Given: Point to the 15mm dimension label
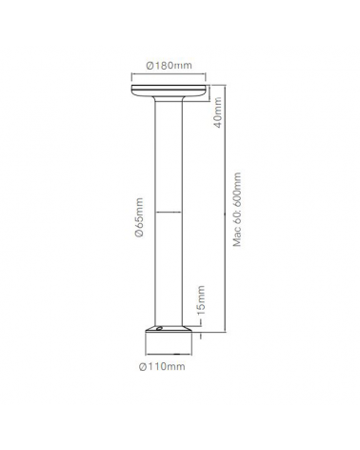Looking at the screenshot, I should point(198,302).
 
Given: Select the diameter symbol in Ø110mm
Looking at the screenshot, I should point(144,367).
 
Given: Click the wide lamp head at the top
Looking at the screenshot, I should point(170,92).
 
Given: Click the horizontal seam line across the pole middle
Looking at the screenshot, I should point(170,209).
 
